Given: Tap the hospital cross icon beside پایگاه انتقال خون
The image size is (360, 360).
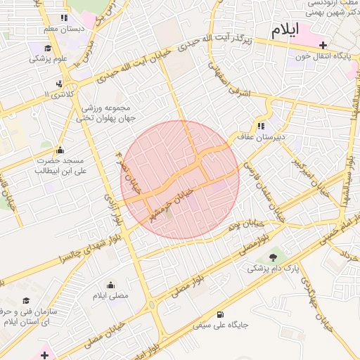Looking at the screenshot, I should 323,45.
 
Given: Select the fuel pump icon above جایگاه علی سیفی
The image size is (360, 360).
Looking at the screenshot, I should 221,314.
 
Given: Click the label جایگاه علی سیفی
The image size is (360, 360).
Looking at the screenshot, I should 221,326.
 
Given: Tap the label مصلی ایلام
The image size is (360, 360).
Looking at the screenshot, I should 111,296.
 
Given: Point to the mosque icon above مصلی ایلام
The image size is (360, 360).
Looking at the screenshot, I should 110,285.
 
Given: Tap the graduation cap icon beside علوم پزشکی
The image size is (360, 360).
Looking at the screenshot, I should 48,49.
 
